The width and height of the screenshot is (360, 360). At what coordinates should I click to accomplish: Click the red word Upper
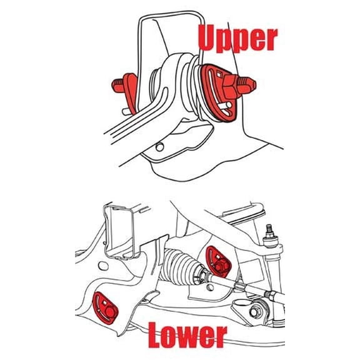237,39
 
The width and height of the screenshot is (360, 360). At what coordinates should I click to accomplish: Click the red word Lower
187,334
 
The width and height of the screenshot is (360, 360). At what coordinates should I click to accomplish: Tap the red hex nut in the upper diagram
231,87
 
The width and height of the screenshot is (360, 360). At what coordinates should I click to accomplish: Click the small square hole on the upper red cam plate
219,74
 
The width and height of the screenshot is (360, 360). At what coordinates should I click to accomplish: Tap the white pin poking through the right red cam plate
225,106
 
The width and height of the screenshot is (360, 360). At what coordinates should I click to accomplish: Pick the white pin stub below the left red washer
127,112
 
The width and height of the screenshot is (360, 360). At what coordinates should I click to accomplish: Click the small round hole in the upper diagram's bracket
159,146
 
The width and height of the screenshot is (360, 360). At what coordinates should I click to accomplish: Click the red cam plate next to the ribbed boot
218,261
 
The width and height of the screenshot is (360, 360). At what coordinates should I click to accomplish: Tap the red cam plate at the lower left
105,307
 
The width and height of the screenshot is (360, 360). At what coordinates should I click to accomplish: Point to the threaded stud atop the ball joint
269,231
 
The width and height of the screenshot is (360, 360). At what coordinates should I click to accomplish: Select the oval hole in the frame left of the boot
103,266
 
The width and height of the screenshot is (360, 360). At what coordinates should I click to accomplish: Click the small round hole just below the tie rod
210,287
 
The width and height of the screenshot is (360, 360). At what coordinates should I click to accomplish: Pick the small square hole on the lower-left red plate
104,303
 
